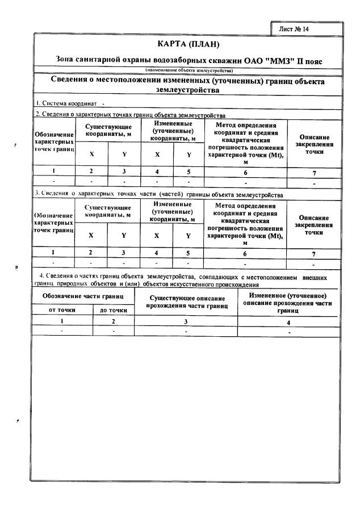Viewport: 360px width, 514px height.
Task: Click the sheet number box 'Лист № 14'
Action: click(x=294, y=28)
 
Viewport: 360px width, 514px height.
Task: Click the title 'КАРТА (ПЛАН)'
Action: click(x=187, y=44)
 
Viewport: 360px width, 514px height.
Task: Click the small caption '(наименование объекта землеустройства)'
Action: click(x=188, y=70)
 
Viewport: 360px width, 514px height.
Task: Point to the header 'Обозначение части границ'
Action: click(x=82, y=297)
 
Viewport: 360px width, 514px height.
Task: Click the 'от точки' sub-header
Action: click(x=62, y=310)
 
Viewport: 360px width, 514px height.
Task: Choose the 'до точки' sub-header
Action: click(x=113, y=310)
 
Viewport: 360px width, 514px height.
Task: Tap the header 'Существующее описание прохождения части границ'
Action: click(x=186, y=302)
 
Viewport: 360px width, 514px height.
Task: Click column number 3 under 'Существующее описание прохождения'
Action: click(x=186, y=321)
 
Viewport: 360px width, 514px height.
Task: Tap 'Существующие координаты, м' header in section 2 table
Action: click(x=108, y=129)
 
